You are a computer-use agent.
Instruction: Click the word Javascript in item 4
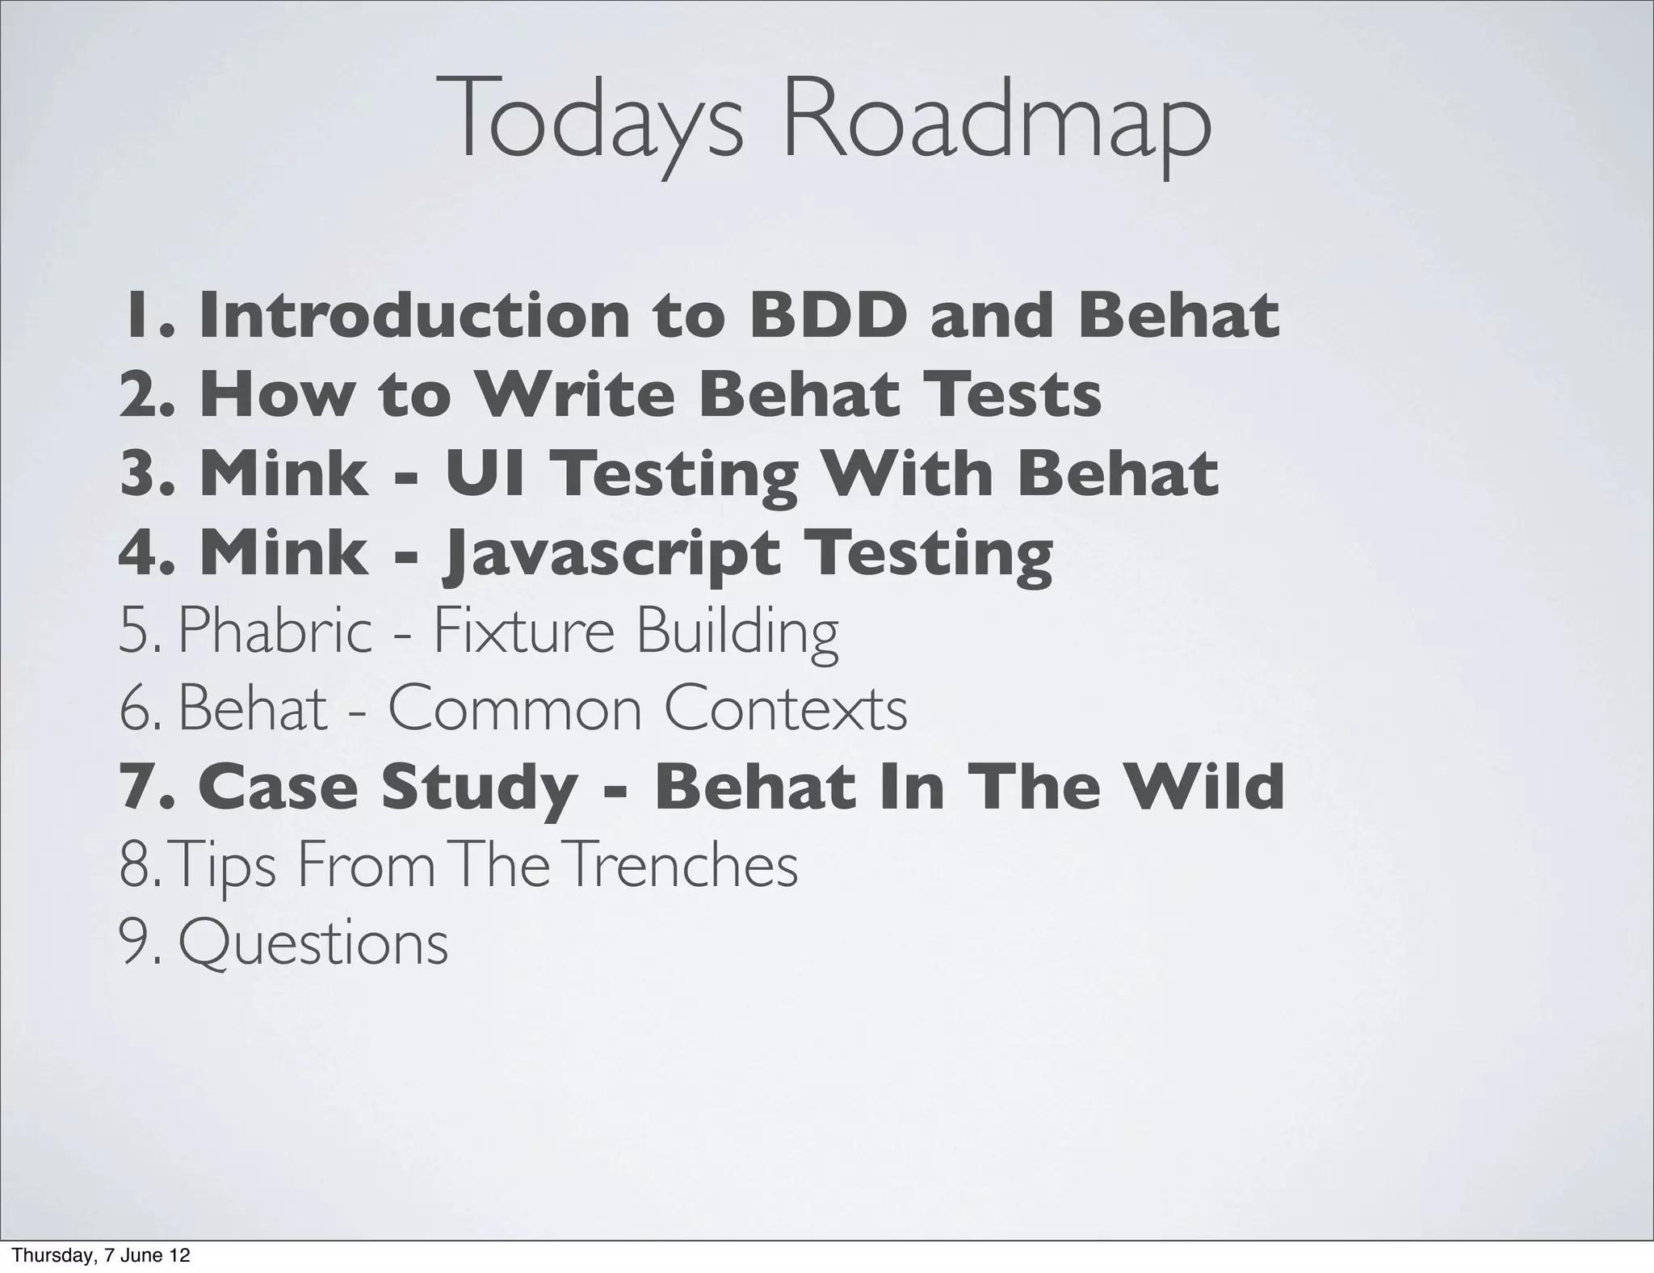(611, 553)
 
